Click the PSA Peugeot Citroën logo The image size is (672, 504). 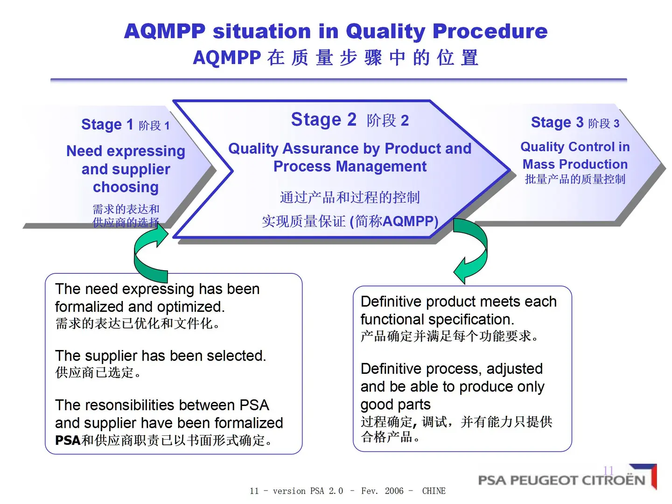coord(567,479)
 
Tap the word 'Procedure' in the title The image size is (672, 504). coord(490,31)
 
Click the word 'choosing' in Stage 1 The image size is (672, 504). coord(126,187)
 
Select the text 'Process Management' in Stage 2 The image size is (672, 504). coord(350,167)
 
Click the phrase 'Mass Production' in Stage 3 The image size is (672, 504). coord(575,164)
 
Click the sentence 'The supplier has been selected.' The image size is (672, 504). coord(160,356)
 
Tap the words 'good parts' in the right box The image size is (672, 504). coord(395,404)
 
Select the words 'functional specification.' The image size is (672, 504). coord(437,319)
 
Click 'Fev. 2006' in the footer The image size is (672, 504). coord(382,491)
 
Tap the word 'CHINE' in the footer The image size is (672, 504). coord(434,491)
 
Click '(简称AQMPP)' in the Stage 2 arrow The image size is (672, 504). coord(394,221)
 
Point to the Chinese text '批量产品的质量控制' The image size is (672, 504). coord(575,179)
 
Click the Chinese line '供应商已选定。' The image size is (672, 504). coord(98,372)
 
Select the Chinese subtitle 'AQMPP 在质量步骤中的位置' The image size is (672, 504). coord(336,58)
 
